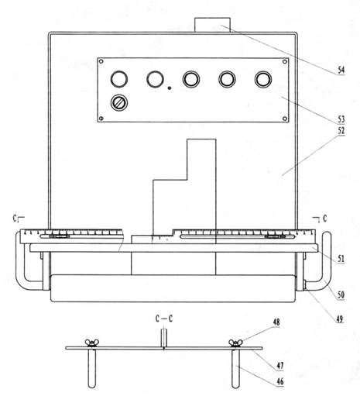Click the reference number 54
point(341,70)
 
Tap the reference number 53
point(341,119)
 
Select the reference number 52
point(341,131)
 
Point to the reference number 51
point(341,259)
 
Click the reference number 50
point(341,294)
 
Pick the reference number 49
point(339,319)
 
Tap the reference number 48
point(276,322)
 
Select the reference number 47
point(280,366)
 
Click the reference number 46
point(280,381)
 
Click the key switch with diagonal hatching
point(119,102)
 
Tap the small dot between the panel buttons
point(170,88)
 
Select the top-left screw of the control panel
point(101,61)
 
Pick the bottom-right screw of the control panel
point(285,119)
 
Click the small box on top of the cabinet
point(212,25)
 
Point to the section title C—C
point(164,319)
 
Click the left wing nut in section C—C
point(92,343)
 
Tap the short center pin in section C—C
point(164,338)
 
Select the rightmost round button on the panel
point(263,79)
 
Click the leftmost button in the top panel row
point(119,79)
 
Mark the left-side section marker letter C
point(15,219)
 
